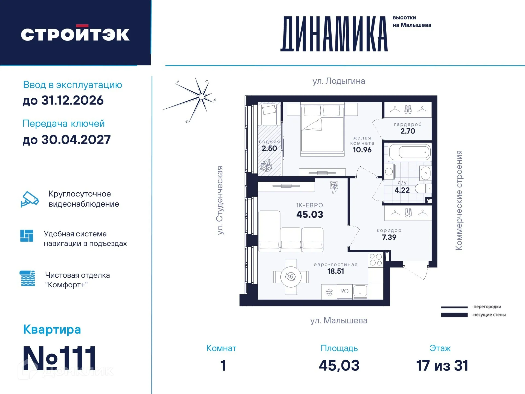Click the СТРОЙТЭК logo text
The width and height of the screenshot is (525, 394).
[x=75, y=34]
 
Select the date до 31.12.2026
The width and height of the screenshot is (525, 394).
[x=63, y=100]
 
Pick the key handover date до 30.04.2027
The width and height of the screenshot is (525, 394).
[x=66, y=140]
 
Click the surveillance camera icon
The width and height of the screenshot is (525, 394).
[x=30, y=199]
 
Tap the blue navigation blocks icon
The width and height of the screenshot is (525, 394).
[x=27, y=236]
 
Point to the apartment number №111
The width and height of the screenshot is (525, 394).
[x=59, y=358]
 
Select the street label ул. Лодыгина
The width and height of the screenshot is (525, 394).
[x=338, y=81]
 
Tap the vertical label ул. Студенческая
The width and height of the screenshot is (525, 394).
[x=220, y=200]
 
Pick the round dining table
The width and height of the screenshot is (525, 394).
[x=291, y=277]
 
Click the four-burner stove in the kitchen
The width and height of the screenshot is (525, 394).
[x=376, y=260]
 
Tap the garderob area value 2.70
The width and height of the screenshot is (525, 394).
[x=408, y=131]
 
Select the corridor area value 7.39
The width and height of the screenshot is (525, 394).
[x=389, y=237]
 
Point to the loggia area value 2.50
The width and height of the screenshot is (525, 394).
[x=269, y=148]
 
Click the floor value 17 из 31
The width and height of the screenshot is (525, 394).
[x=442, y=366]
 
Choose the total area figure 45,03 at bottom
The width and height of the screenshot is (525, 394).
[x=339, y=366]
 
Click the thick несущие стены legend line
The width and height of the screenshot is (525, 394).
[x=454, y=315]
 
